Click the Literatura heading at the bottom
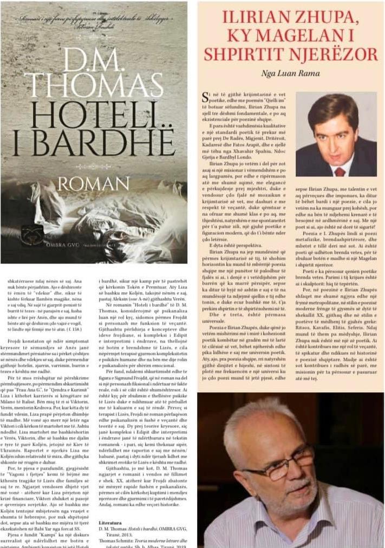click(114, 524)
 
